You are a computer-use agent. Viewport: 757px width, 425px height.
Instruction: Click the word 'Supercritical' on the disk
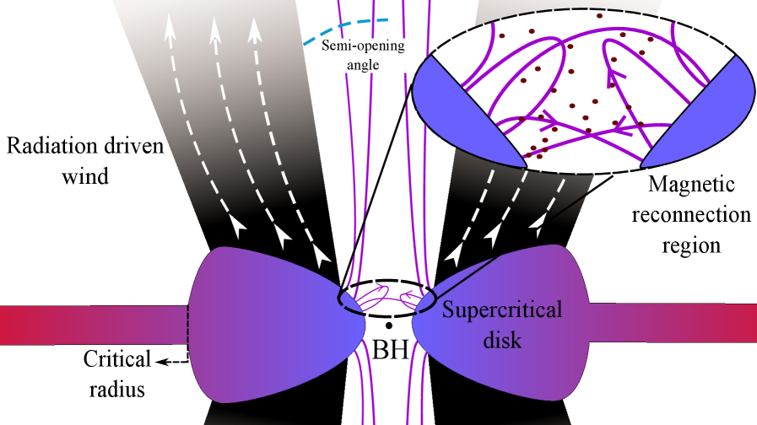click(502, 310)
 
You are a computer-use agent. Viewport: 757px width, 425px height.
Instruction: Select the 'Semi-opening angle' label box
click(364, 53)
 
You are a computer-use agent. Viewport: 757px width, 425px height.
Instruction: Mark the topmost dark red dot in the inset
click(599, 15)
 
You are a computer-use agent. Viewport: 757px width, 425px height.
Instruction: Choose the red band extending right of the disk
click(675, 324)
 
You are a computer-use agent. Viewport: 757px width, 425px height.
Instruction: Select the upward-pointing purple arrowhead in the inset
click(608, 78)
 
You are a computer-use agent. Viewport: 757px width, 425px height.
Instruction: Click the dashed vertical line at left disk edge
click(187, 325)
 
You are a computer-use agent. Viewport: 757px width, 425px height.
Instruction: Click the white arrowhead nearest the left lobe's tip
click(322, 253)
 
